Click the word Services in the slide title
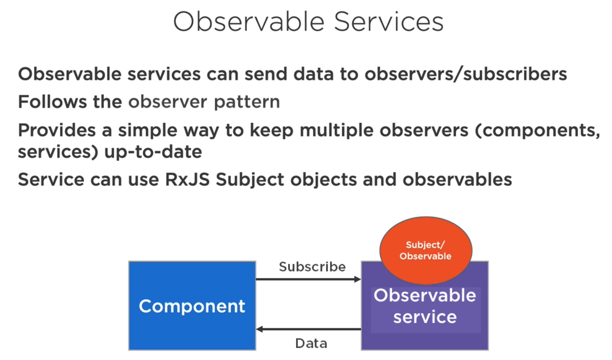click(x=389, y=22)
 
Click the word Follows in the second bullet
click(x=52, y=102)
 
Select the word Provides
click(x=57, y=130)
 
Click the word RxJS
click(x=188, y=180)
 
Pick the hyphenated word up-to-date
click(x=153, y=152)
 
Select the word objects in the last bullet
click(x=323, y=180)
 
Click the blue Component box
click(x=192, y=306)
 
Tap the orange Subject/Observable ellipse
click(x=426, y=251)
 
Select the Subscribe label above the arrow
click(x=312, y=267)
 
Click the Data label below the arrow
click(x=311, y=343)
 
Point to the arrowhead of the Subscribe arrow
click(x=357, y=279)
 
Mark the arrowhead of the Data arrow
click(x=260, y=329)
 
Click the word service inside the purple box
click(x=425, y=317)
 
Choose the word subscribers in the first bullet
click(x=515, y=74)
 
